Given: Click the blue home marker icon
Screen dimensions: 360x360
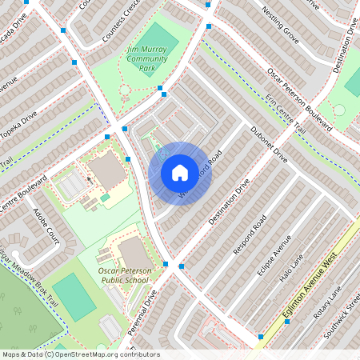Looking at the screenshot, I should [x=180, y=172].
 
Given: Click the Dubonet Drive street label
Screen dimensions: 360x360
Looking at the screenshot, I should [x=268, y=145].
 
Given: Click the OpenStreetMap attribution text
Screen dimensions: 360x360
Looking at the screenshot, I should [x=80, y=354].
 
